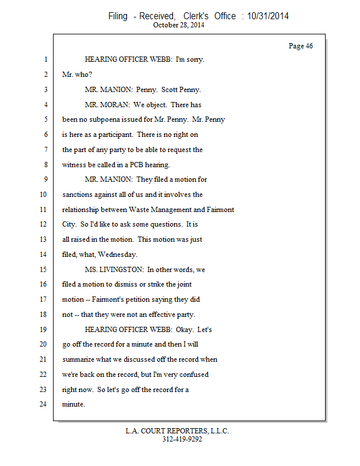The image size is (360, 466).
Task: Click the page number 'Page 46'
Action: (301, 46)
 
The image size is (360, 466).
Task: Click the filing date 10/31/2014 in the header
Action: (268, 16)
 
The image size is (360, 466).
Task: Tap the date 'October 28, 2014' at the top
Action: (179, 25)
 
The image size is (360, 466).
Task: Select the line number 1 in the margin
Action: (45, 59)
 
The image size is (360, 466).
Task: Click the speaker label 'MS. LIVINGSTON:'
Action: (114, 270)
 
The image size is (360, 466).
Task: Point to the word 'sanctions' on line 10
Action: (78, 195)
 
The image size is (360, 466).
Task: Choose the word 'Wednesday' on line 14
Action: (119, 255)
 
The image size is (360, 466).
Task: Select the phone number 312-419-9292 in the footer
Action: (182, 440)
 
